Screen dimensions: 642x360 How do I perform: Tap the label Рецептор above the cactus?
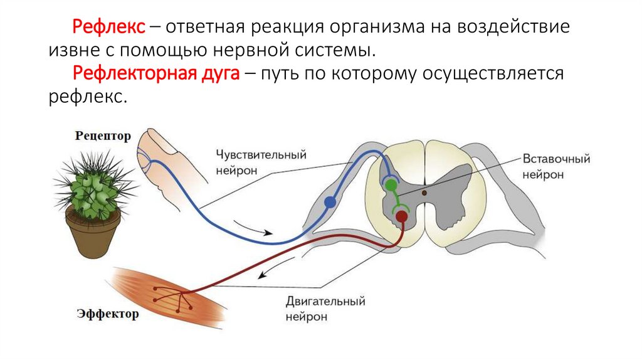[x=103, y=136]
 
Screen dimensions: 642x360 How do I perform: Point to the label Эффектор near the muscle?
[x=108, y=314]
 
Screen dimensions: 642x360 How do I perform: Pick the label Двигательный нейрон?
[x=325, y=309]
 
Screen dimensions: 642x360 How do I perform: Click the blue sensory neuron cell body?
[x=330, y=202]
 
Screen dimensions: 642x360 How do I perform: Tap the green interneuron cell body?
[x=391, y=185]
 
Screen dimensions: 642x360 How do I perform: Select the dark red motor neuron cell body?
[x=401, y=217]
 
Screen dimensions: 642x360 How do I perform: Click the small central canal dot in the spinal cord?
[x=424, y=193]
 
